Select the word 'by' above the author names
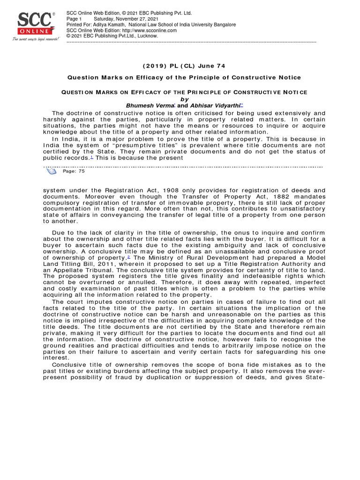pyautogui.click(x=184, y=99)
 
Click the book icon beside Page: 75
pyautogui.click(x=51, y=171)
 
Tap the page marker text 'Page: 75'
pyautogui.click(x=74, y=172)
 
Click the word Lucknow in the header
pyautogui.click(x=148, y=36)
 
